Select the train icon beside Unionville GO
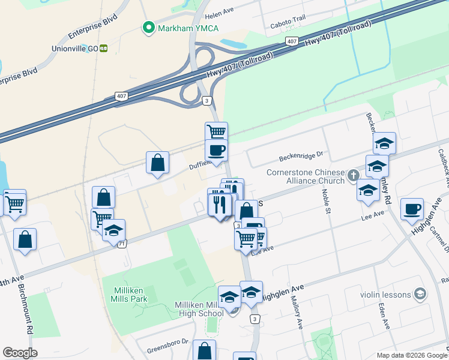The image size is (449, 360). [104, 48]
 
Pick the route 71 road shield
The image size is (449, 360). [122, 244]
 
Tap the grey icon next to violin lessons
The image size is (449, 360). [420, 294]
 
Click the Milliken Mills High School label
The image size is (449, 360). [199, 308]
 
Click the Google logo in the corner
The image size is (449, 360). [20, 353]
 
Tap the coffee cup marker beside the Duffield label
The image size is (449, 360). [216, 150]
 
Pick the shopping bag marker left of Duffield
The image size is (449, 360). [157, 163]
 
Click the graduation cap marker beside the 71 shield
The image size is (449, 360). [113, 230]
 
